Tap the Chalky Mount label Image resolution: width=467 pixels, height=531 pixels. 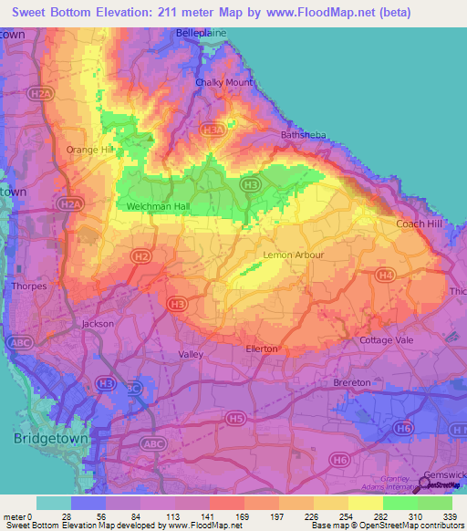point(224,82)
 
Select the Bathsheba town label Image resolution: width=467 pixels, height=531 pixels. point(301,135)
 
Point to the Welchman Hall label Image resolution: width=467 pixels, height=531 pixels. point(157,207)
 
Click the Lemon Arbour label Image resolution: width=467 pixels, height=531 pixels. point(293,255)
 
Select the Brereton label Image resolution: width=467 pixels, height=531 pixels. point(352,382)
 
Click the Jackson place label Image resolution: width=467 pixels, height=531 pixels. point(98,323)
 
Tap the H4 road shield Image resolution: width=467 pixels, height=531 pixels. point(386,275)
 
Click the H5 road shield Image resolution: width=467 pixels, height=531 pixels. point(236,418)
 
